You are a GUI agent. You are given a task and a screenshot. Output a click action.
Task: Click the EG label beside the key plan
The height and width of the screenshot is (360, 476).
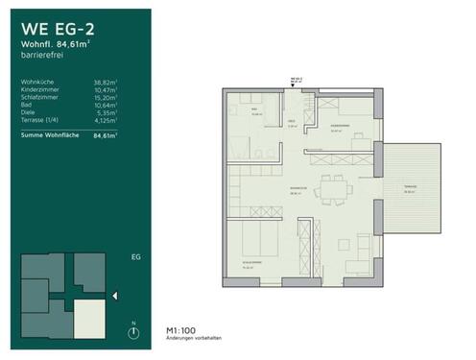pos(135,257)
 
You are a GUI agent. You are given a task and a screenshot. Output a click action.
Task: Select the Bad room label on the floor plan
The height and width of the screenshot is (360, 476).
pos(255,111)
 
